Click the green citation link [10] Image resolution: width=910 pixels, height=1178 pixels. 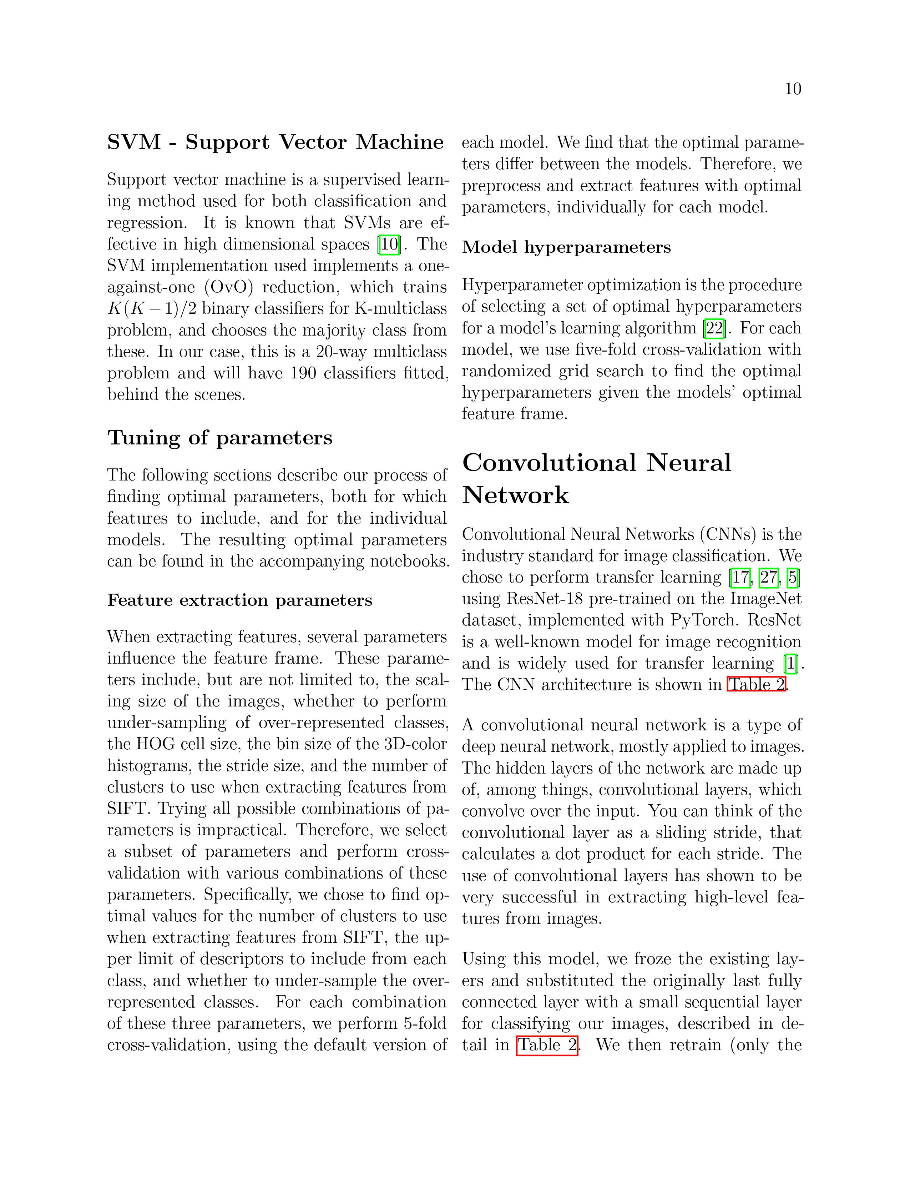click(390, 244)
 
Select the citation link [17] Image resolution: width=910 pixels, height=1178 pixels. click(740, 577)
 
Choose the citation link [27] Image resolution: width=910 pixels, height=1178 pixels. click(769, 577)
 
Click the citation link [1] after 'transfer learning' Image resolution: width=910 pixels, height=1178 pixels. click(791, 664)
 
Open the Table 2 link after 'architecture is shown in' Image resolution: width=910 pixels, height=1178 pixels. click(756, 685)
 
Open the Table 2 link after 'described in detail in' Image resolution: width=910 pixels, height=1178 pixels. click(547, 1045)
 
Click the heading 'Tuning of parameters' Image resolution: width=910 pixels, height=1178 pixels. click(220, 437)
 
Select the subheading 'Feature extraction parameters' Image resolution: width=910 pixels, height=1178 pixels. click(239, 600)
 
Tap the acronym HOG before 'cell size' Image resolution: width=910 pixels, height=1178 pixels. click(155, 744)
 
